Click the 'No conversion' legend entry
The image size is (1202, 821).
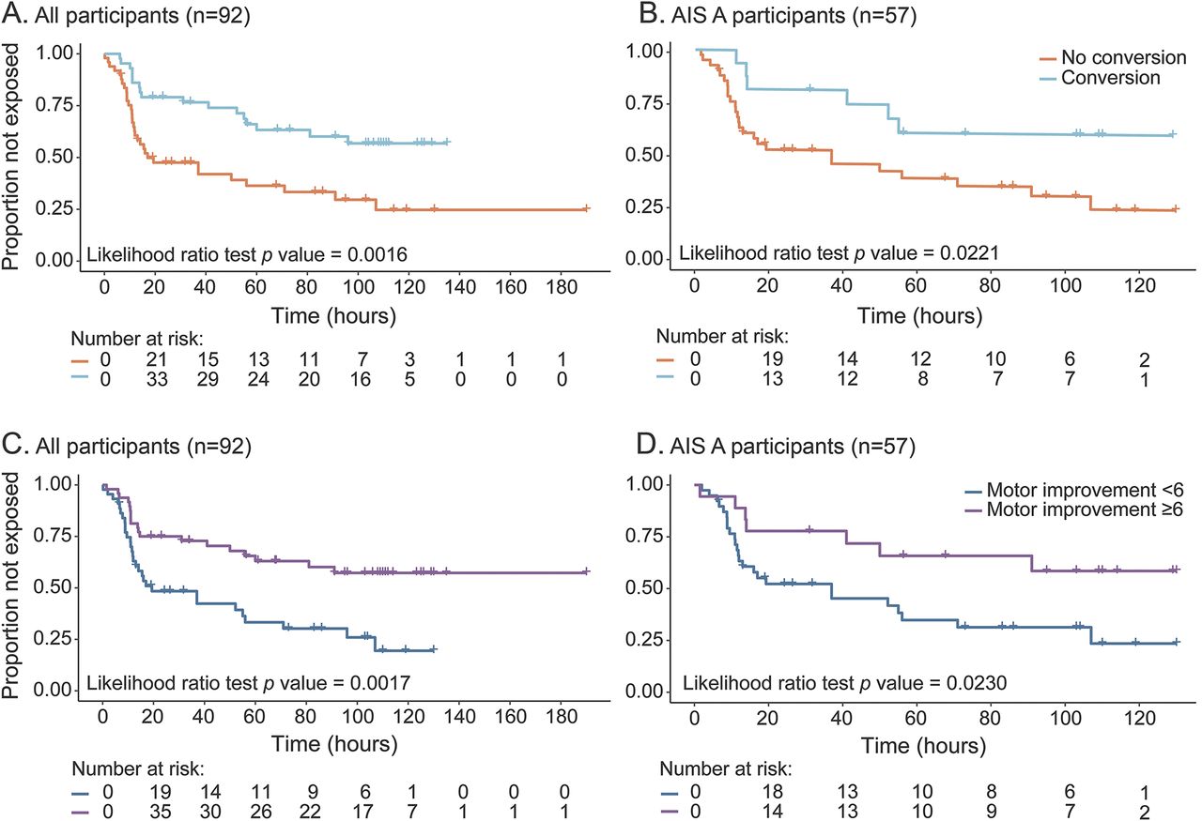click(1112, 56)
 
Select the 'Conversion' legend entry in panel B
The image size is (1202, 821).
click(1110, 78)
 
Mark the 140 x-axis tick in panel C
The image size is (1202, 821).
click(458, 717)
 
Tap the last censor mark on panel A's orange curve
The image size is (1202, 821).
click(587, 209)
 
